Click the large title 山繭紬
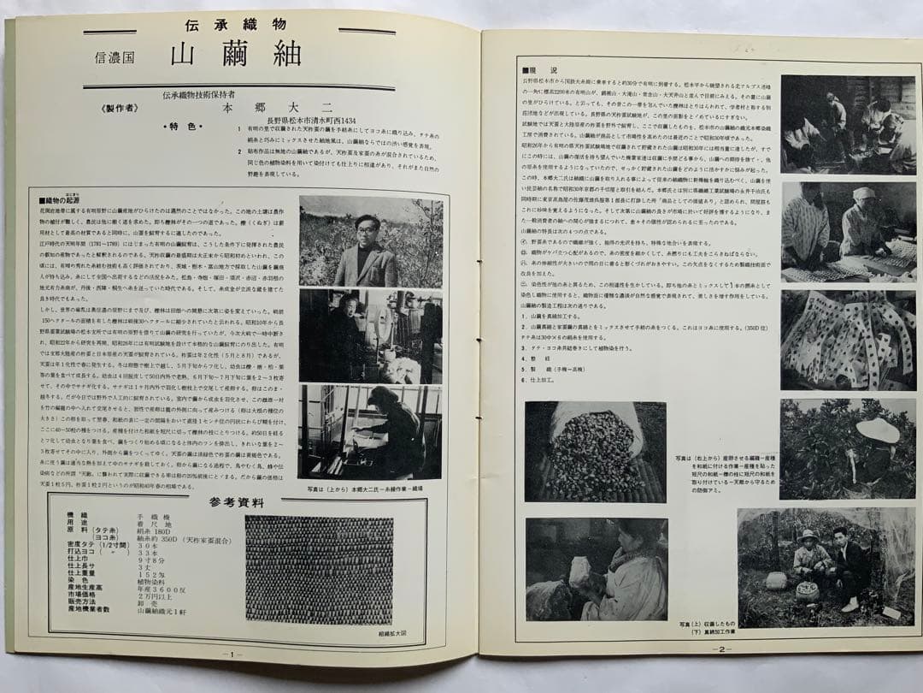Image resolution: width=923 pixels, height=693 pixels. pyautogui.click(x=236, y=54)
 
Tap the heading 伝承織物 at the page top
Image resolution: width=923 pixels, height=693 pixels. pyautogui.click(x=235, y=24)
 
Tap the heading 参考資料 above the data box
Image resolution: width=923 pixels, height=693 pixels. pyautogui.click(x=238, y=502)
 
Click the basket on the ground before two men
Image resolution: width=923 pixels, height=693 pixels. pyautogui.click(x=806, y=589)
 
